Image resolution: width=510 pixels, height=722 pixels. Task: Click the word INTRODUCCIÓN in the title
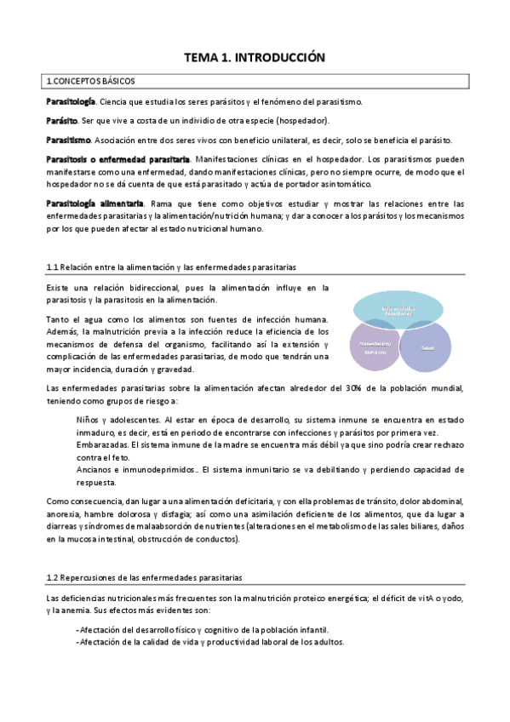(x=281, y=58)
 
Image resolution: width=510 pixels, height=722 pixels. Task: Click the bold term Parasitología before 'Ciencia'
(x=71, y=101)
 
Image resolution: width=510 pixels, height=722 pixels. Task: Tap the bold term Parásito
(x=62, y=121)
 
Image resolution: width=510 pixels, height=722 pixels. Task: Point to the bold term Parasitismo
(x=68, y=140)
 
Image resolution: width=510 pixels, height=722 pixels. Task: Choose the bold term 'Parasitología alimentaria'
(x=95, y=203)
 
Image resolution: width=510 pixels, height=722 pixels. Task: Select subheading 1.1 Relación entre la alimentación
(x=170, y=267)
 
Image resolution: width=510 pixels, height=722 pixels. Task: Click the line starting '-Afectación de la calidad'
(x=210, y=643)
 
